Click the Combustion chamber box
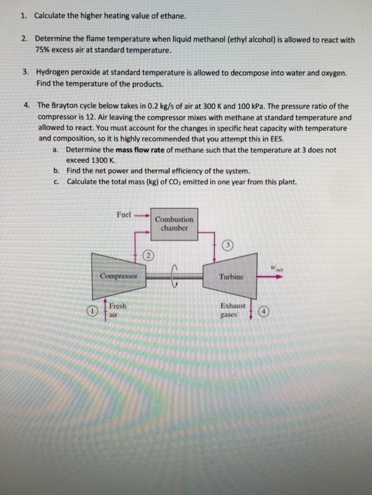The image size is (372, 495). (174, 223)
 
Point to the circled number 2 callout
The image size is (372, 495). (149, 255)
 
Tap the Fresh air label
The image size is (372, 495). (118, 312)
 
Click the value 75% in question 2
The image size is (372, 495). (43, 51)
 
